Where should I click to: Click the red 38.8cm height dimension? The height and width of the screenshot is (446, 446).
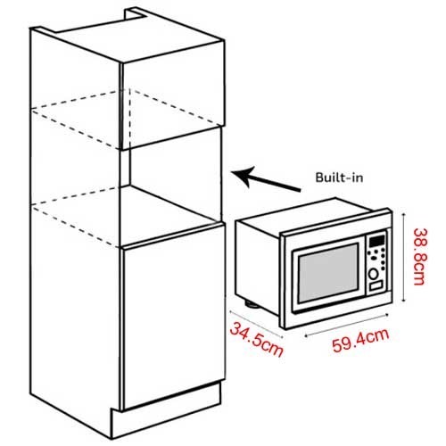click(x=419, y=256)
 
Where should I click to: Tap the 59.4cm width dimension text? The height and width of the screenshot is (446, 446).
click(x=360, y=341)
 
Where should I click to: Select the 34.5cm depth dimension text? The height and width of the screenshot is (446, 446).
click(x=256, y=340)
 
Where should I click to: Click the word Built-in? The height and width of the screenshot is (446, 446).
click(x=339, y=178)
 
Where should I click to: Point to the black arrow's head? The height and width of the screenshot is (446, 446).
click(x=243, y=176)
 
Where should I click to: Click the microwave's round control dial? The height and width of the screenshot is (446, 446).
click(x=374, y=274)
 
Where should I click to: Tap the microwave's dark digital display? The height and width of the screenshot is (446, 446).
click(x=377, y=241)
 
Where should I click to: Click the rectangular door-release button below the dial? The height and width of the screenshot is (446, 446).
click(x=376, y=286)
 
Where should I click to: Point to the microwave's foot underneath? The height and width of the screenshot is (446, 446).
click(x=252, y=304)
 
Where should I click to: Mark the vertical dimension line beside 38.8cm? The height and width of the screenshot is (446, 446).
click(x=403, y=258)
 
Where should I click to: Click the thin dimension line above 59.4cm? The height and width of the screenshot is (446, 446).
click(x=347, y=326)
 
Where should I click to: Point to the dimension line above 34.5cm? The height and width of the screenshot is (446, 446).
click(x=256, y=324)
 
